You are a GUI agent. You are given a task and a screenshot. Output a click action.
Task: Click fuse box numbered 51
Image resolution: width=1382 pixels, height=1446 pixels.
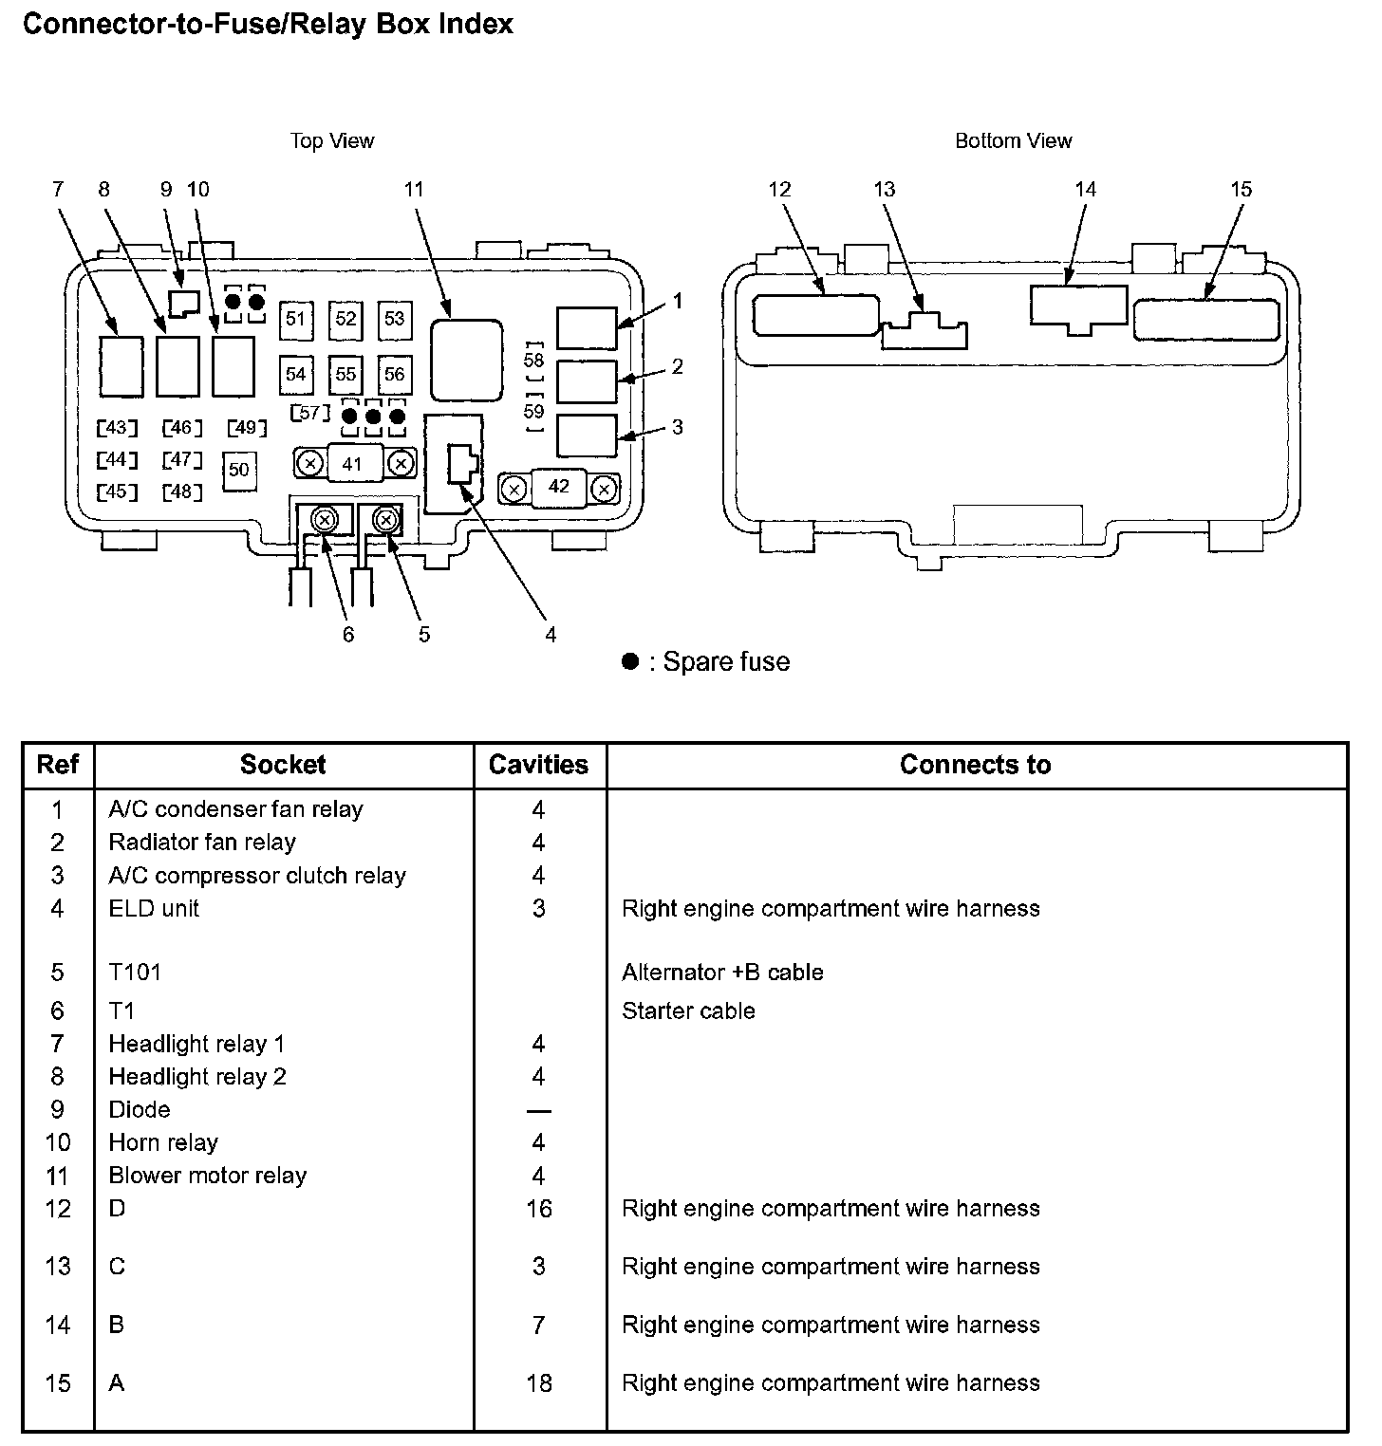click(x=296, y=319)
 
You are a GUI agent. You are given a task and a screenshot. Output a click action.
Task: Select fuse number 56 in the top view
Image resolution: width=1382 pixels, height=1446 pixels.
click(x=394, y=375)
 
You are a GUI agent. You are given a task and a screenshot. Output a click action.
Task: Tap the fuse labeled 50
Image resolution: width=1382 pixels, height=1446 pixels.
click(x=239, y=470)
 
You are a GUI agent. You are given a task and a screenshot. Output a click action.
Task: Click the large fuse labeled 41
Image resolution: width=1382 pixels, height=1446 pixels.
click(x=352, y=464)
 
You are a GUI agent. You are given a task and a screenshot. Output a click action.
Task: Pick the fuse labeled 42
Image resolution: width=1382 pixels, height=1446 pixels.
click(x=559, y=487)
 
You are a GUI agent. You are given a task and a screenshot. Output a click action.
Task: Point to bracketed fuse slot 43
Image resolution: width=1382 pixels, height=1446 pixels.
click(x=117, y=428)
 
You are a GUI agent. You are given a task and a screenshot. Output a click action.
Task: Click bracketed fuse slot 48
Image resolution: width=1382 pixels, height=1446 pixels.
click(x=182, y=491)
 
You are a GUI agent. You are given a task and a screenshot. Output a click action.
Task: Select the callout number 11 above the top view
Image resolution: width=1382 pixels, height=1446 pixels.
click(x=414, y=190)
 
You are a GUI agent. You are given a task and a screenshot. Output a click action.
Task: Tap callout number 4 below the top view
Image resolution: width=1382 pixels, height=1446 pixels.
click(x=551, y=635)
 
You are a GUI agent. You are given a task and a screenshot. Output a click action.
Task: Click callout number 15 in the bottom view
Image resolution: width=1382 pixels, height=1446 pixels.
click(x=1242, y=190)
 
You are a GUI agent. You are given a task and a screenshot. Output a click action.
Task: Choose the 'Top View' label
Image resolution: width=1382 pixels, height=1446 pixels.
click(x=332, y=141)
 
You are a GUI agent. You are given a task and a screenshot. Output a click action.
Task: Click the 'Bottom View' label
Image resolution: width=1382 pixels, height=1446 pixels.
click(x=1013, y=141)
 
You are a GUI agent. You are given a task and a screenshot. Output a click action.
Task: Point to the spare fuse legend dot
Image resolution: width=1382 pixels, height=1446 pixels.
click(x=629, y=661)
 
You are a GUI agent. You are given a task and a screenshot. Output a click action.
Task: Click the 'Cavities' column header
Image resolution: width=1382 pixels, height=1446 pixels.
click(x=538, y=765)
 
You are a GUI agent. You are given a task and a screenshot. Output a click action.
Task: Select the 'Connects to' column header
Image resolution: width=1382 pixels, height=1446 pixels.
click(x=975, y=765)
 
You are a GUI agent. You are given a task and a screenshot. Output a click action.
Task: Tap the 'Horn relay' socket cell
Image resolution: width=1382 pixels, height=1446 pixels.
click(x=163, y=1142)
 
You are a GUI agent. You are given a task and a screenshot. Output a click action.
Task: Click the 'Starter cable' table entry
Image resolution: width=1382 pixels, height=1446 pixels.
click(x=688, y=1010)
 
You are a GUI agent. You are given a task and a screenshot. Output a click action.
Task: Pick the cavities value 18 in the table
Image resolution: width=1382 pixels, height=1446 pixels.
click(x=539, y=1383)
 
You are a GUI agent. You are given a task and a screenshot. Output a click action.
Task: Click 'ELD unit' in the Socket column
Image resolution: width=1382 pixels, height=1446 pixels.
click(x=154, y=908)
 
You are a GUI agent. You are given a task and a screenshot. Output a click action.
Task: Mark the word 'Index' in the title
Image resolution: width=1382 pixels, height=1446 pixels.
click(x=476, y=24)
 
